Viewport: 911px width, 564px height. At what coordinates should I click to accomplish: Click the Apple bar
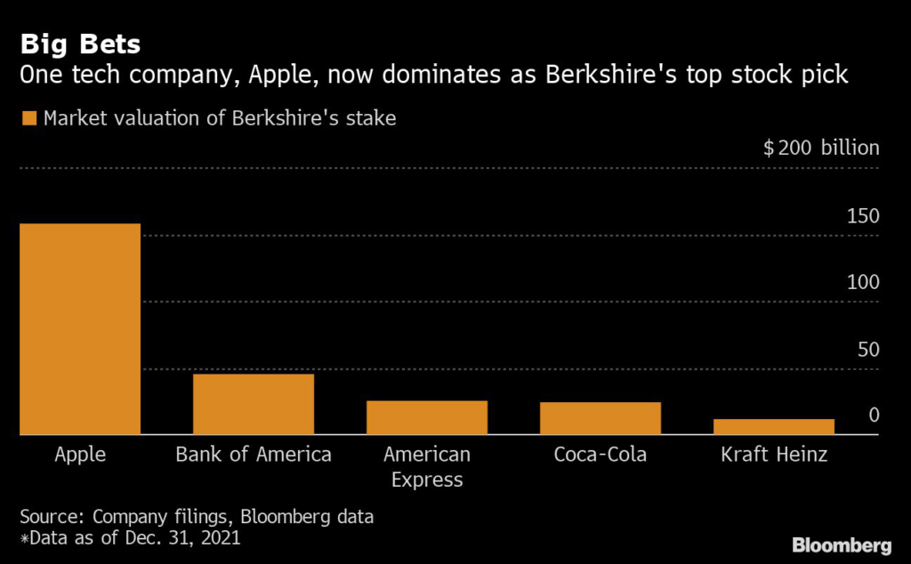[x=79, y=329]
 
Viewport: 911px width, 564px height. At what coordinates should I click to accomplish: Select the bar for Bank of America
[x=253, y=405]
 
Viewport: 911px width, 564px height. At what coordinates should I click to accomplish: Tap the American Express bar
[x=427, y=417]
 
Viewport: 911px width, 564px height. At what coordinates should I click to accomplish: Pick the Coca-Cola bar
[x=601, y=418]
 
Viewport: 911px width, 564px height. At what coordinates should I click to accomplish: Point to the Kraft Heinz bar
[x=774, y=427]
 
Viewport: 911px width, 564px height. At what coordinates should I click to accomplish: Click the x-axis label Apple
[x=80, y=455]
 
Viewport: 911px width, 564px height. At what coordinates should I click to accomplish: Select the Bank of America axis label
[x=254, y=455]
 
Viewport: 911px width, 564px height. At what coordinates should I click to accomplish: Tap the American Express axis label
[x=427, y=467]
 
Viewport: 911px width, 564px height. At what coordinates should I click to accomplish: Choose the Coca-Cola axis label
[x=601, y=455]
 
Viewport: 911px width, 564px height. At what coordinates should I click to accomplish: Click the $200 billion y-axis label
[x=821, y=149]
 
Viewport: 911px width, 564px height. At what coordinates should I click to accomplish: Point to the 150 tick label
[x=862, y=216]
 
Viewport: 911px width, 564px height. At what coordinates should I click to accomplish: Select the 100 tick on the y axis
[x=862, y=282]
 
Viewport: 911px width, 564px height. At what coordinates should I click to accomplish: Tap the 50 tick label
[x=867, y=349]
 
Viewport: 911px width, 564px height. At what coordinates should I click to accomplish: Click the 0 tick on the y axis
[x=874, y=415]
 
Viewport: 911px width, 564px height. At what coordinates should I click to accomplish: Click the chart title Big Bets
[x=81, y=44]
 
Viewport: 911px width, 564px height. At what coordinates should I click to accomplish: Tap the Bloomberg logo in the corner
[x=841, y=544]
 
